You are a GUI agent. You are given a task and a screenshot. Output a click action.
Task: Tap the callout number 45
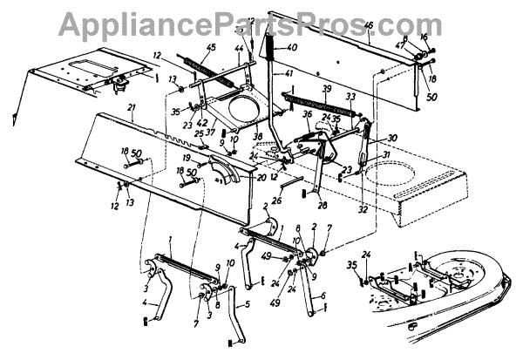(210, 48)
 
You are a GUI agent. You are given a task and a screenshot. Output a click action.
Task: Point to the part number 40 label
(291, 47)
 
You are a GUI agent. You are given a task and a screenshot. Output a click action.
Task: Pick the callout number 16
(425, 38)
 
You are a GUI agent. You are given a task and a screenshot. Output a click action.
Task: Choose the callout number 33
(350, 97)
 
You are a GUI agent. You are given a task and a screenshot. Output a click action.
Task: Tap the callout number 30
(392, 138)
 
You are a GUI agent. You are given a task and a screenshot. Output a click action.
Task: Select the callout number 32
(361, 209)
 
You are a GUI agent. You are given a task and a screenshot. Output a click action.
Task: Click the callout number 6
(323, 295)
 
